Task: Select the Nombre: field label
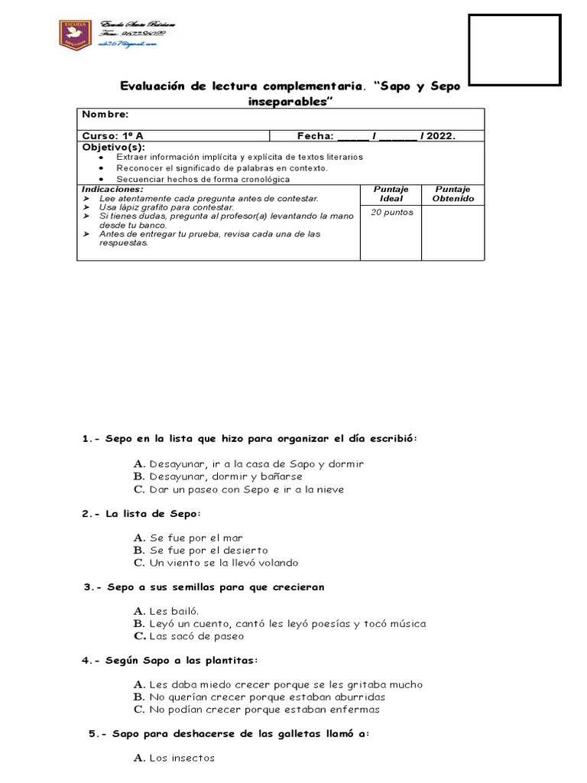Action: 105,114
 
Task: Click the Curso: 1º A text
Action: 113,136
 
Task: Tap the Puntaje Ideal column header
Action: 391,193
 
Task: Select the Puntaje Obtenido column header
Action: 452,193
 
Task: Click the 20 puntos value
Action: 391,213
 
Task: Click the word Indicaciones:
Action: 112,188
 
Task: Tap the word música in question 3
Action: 407,624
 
